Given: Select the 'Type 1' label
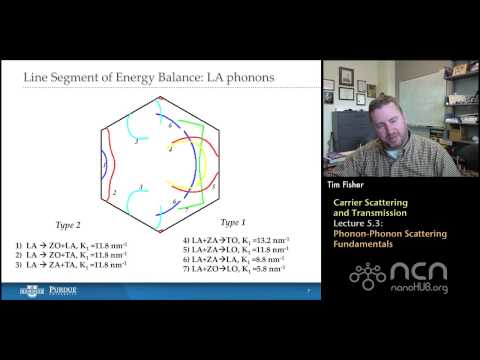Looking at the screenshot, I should [237, 222].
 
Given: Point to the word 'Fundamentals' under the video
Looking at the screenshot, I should [366, 245].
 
